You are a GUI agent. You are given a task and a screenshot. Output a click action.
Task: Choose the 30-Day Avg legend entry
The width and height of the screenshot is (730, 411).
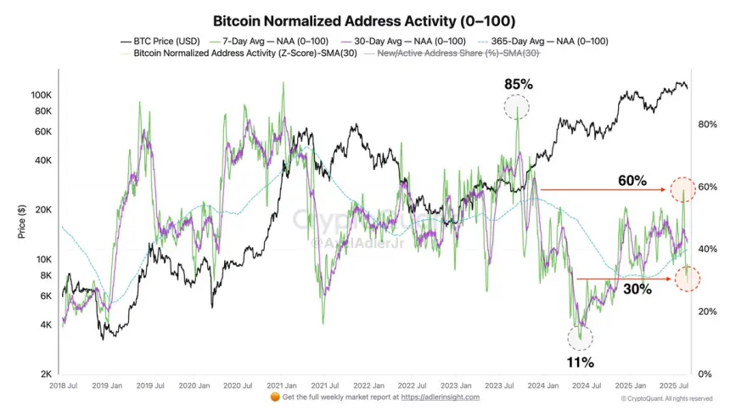tap(407, 41)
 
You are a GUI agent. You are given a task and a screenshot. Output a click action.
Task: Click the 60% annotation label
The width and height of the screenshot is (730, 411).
tap(632, 181)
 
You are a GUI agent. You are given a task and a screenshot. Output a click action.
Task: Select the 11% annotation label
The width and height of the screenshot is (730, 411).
tap(581, 363)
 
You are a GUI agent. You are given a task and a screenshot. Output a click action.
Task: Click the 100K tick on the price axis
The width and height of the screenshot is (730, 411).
tap(41, 95)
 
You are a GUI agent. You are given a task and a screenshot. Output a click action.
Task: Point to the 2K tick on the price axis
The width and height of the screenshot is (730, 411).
tap(46, 374)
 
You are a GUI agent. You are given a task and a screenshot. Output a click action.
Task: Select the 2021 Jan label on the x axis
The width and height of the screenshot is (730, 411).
tap(281, 386)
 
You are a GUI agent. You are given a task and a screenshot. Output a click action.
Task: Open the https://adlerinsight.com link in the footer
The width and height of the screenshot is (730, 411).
tap(441, 397)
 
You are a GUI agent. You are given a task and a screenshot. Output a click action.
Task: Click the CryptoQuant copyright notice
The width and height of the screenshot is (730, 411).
tap(666, 398)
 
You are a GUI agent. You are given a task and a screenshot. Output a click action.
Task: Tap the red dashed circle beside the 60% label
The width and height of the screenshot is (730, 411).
tap(682, 189)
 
